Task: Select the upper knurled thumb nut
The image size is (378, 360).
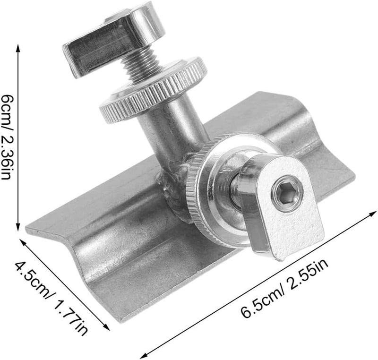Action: [x=153, y=90]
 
